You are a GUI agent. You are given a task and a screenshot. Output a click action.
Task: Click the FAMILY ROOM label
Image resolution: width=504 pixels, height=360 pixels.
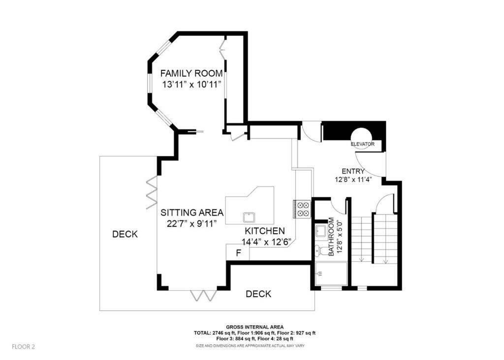[x=191, y=73]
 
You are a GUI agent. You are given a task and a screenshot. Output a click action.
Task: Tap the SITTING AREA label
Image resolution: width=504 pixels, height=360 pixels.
[x=192, y=213]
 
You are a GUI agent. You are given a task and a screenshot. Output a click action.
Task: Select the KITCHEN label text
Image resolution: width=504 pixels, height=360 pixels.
[x=265, y=231]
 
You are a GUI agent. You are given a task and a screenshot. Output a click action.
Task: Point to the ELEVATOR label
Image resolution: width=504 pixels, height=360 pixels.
[x=363, y=144]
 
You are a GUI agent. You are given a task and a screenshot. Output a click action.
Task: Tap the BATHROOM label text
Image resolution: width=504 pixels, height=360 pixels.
[x=331, y=236]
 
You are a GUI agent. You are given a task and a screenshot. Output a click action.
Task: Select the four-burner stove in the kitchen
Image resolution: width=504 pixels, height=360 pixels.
[x=303, y=209]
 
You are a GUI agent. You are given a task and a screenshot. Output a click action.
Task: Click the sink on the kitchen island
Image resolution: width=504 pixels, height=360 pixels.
[x=250, y=217]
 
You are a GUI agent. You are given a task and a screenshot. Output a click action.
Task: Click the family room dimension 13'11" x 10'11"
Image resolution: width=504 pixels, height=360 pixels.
[x=191, y=84]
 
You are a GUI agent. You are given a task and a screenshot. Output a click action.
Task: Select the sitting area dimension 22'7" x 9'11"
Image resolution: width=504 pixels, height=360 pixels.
[x=192, y=224]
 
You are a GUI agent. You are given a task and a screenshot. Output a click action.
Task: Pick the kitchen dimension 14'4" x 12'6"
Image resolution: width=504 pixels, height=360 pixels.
[x=266, y=241]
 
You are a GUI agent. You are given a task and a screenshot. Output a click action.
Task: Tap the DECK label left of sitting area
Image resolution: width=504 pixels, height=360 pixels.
[x=125, y=234]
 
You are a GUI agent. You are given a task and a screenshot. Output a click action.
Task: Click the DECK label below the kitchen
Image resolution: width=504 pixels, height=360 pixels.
[x=258, y=294]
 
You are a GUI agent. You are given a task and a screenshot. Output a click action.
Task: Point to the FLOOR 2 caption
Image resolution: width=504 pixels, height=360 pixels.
[x=24, y=347]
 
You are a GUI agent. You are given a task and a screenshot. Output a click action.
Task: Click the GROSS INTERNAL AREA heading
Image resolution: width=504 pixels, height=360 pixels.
[x=254, y=327]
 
